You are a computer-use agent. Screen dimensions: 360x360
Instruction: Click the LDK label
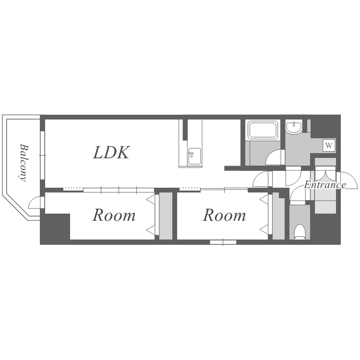[x=111, y=153]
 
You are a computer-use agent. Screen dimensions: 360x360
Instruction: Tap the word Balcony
[x=23, y=161]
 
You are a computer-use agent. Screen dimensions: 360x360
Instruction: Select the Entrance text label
[x=325, y=185]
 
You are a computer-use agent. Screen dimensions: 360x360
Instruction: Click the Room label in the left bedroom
[x=114, y=216]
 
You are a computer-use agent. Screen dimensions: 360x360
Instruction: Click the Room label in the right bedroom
[x=224, y=216]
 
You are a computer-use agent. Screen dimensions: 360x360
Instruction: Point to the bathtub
[x=263, y=130]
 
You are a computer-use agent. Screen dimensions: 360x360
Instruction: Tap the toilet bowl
[x=300, y=231]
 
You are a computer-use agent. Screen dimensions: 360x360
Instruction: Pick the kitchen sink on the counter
[x=194, y=156]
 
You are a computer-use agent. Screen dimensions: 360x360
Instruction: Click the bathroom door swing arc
[x=275, y=158]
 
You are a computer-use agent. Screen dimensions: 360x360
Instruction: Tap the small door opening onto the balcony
[x=35, y=204]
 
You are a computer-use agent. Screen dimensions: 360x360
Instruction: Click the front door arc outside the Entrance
[x=349, y=180]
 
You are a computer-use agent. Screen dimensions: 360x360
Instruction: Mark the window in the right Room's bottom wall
[x=223, y=242]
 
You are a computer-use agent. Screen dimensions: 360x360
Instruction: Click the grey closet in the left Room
[x=166, y=216]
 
